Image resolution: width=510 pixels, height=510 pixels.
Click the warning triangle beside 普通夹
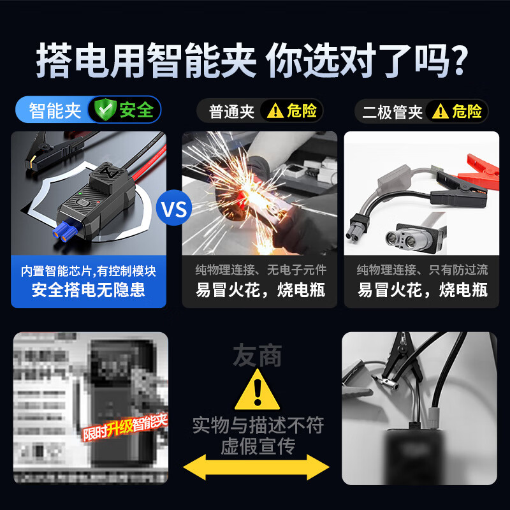tap(275, 112)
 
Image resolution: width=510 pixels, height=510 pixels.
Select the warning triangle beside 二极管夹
tap(440, 112)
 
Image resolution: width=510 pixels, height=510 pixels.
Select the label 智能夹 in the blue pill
tap(55, 110)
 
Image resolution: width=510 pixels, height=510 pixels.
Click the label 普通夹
tap(232, 112)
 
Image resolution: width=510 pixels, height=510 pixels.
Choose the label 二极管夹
tap(392, 112)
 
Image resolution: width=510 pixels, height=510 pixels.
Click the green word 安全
tap(136, 110)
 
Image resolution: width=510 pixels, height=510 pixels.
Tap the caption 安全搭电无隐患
tap(89, 291)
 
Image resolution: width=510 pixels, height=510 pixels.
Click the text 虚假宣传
tap(258, 446)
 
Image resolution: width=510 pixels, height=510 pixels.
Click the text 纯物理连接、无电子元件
tap(259, 271)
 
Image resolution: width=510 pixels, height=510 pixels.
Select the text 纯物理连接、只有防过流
tap(422, 271)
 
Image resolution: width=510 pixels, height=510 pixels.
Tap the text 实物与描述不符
tap(258, 425)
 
